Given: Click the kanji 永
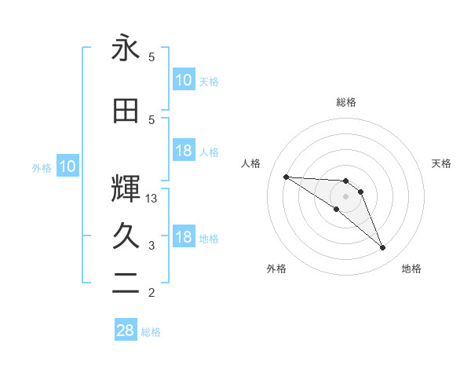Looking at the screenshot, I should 126,49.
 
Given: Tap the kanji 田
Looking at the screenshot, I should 126,111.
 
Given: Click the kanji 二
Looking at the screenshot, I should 126,283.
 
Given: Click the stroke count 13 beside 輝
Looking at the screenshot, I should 152,199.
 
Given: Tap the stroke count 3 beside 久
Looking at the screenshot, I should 152,246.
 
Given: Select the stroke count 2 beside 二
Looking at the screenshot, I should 152,294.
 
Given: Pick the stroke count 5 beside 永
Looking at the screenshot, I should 152,57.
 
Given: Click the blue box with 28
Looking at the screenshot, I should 126,331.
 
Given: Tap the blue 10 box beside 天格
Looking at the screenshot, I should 183,80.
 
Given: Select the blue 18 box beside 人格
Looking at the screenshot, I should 183,151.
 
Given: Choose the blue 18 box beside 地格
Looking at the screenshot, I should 183,238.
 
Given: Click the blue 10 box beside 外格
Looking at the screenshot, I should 67,166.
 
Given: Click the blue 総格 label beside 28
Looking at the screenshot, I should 151,332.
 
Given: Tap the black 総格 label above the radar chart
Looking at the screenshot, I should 345,102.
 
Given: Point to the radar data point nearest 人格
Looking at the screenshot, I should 286,177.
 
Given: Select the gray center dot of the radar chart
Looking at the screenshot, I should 345,196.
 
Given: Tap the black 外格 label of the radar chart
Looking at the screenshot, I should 276,269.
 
